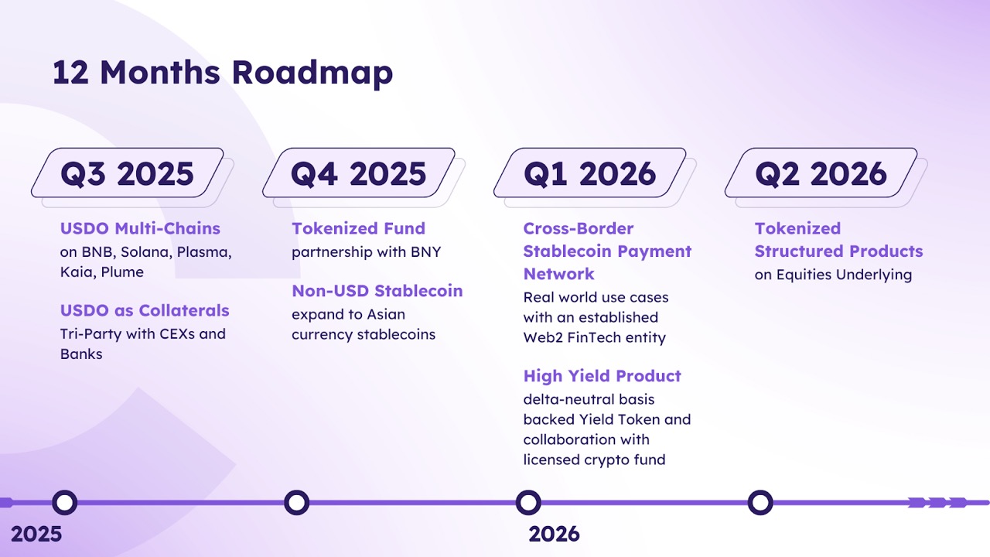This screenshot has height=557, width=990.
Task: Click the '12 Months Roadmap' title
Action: coord(223,73)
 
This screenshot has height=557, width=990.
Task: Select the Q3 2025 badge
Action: coord(128,173)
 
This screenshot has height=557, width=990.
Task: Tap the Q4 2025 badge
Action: coord(358,173)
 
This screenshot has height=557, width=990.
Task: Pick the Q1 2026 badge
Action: coord(589,173)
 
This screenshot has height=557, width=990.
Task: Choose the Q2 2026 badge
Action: coord(821,173)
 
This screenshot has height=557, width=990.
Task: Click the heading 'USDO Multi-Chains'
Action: coord(140,228)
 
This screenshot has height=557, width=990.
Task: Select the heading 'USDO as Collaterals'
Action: coord(145,310)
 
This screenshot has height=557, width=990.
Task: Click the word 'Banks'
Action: coord(81,354)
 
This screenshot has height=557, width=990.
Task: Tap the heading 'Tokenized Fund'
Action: coord(358,228)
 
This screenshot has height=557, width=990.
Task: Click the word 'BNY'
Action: coord(425,252)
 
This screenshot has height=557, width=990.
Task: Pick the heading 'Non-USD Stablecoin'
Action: coord(377,291)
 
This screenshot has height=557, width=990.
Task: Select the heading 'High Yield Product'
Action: coord(602,376)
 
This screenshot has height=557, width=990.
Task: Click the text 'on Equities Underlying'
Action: coord(833,275)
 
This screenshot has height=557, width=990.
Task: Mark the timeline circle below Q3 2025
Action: coord(64,502)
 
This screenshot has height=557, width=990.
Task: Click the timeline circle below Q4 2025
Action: coord(296,502)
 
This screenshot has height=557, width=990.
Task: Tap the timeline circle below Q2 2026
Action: coord(760,502)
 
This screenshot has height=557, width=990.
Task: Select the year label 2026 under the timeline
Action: coord(554,534)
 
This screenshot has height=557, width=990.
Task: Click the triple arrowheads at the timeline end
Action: coord(937,502)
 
